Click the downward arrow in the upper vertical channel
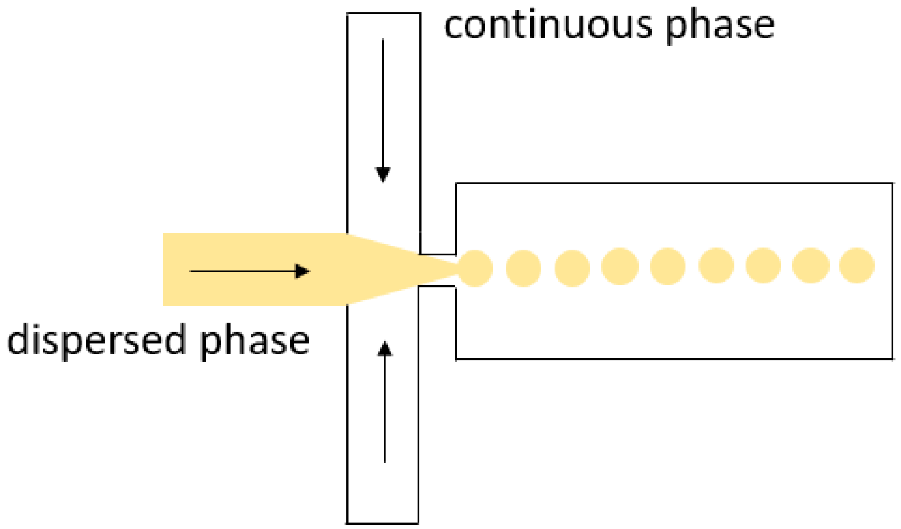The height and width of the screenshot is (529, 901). [383, 110]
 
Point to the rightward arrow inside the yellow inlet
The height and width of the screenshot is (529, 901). [250, 271]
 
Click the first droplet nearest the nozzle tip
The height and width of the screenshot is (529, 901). [475, 268]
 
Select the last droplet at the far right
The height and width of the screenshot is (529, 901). [857, 266]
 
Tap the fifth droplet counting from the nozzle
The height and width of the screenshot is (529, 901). [668, 266]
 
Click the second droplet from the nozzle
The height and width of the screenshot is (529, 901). [523, 268]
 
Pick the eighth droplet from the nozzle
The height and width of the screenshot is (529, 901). [810, 266]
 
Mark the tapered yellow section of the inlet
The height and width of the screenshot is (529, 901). [384, 269]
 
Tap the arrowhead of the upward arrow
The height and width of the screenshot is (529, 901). [385, 349]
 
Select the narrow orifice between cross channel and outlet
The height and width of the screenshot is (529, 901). [438, 270]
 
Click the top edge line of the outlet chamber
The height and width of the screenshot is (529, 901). [674, 184]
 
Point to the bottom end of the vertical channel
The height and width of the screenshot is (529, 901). [383, 522]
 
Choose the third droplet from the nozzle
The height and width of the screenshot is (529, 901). [572, 268]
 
